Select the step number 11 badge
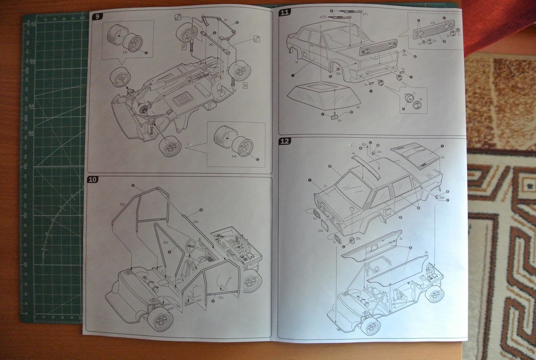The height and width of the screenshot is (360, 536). tap(285, 12)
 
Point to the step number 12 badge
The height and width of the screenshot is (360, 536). tap(285, 142)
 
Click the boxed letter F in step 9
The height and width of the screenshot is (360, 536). tap(184, 46)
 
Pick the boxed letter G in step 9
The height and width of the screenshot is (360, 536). tap(245, 84)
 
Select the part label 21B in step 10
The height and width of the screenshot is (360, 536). tap(165, 242)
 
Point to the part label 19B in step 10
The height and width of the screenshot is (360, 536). tap(196, 221)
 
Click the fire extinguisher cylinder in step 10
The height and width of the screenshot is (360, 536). tap(151, 283)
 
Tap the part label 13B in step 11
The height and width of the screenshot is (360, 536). tap(432, 22)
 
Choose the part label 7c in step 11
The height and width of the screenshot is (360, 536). tap(414, 93)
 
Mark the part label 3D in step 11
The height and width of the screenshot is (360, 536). tap(421, 100)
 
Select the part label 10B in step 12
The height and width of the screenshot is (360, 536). tap(320, 230)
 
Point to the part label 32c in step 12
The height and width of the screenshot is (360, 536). tap(364, 145)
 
